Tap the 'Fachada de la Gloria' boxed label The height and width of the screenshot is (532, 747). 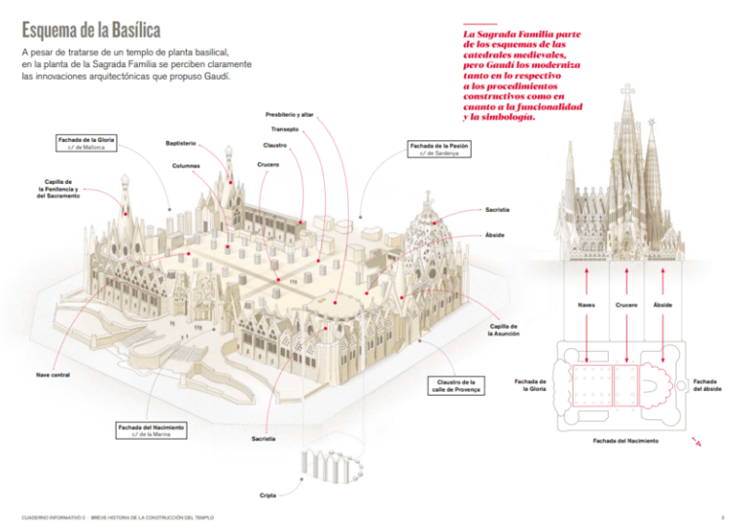point(87,144)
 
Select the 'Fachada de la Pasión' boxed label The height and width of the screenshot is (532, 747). point(446,149)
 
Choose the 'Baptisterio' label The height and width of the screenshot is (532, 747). point(182,144)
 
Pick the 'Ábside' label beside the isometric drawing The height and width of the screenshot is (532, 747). point(495,235)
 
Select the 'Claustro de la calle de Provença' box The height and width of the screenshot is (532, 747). point(455,386)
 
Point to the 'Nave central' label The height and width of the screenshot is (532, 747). point(53,373)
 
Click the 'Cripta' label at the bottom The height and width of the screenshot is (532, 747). point(267,495)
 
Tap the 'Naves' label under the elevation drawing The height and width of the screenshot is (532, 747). point(587,305)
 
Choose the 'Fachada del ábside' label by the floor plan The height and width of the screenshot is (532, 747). point(707,386)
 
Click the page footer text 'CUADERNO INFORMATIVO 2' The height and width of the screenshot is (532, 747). point(53,516)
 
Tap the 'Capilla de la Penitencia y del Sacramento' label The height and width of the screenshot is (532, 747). point(57,189)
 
